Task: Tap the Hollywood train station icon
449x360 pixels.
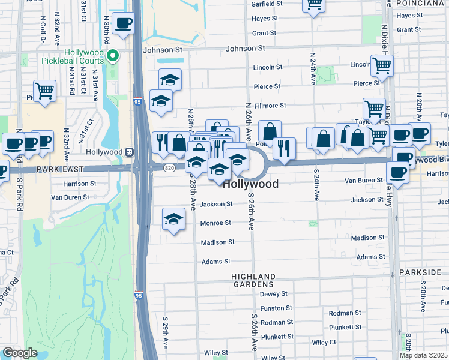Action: click(128, 152)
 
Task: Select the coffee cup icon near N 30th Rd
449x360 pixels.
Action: click(123, 25)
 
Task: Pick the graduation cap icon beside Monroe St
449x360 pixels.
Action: click(173, 219)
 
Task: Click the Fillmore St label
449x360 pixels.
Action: click(270, 106)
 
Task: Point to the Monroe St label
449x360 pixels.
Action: click(215, 223)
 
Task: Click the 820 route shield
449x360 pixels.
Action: click(169, 168)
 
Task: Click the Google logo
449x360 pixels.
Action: click(20, 353)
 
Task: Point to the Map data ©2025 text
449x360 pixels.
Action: click(423, 355)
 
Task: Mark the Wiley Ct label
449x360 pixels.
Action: click(324, 343)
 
